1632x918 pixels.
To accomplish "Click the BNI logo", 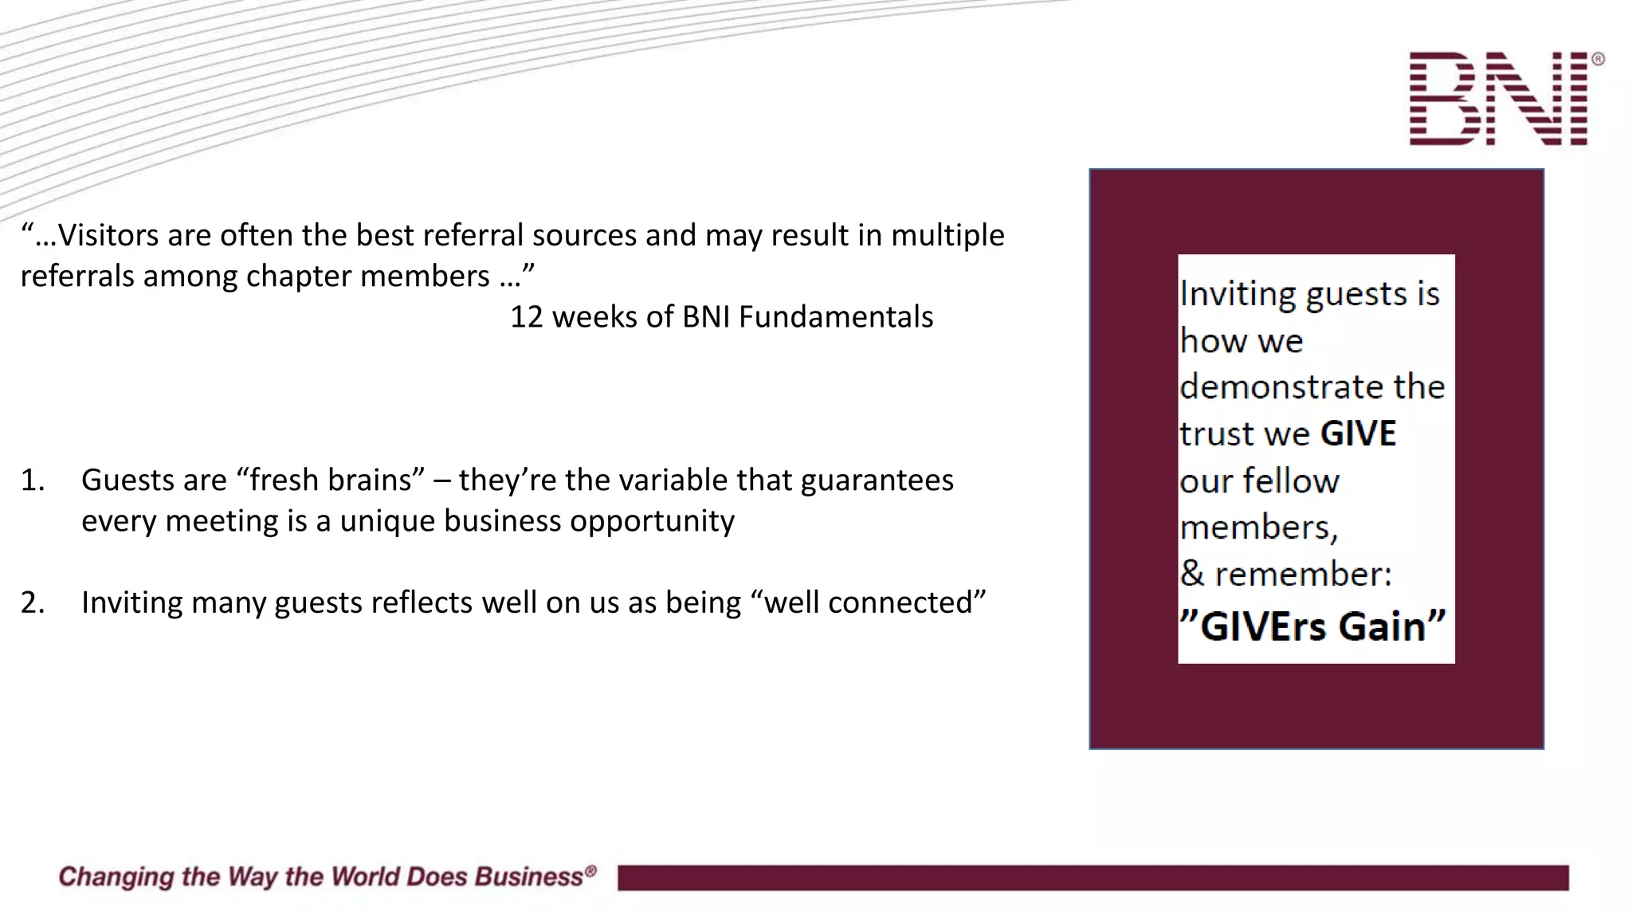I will point(1498,99).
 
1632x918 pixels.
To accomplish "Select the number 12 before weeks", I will point(526,317).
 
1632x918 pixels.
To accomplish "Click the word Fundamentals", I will point(836,317).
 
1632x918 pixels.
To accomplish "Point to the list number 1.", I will point(32,481).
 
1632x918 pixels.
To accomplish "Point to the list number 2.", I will point(32,603).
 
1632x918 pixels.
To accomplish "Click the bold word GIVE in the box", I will point(1358,434).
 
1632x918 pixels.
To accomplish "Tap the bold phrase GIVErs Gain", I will point(1312,626).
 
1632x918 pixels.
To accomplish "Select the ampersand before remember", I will point(1192,574).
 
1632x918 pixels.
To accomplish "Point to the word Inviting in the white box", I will point(1238,294).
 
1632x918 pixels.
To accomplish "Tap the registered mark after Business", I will point(590,871).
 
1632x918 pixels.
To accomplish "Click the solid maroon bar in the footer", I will point(1093,877).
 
